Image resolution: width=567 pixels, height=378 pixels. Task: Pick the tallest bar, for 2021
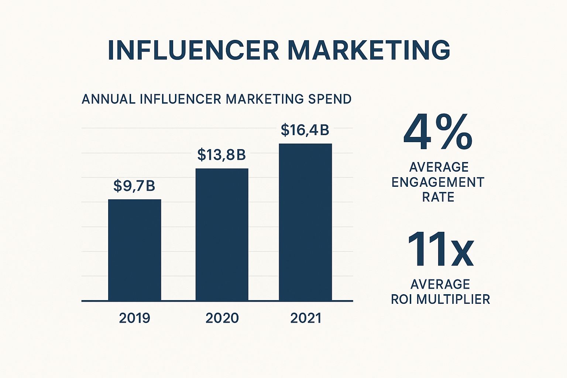click(305, 222)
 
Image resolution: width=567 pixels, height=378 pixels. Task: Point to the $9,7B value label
click(134, 186)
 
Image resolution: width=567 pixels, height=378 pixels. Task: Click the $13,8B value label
click(221, 155)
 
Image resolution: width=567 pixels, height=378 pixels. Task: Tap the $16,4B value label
click(305, 130)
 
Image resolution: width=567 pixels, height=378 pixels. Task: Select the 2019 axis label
click(134, 318)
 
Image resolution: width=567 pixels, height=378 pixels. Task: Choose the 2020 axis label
click(222, 318)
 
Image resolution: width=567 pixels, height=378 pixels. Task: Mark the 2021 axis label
click(306, 318)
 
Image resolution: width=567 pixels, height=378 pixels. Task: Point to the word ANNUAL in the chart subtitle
click(109, 99)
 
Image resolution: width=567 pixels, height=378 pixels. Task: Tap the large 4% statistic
click(438, 133)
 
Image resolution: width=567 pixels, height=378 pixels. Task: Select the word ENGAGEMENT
click(438, 182)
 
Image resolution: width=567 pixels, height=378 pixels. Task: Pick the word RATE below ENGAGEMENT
click(438, 197)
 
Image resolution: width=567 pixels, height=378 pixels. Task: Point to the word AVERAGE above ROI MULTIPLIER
click(440, 284)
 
